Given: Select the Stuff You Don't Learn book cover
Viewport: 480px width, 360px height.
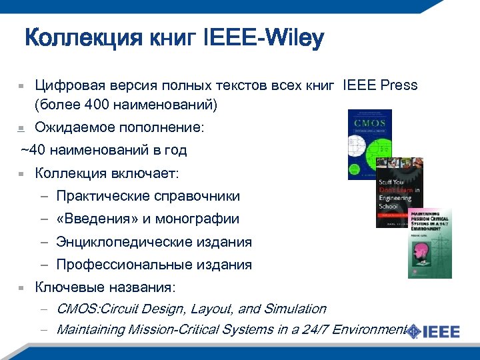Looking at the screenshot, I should pyautogui.click(x=399, y=192).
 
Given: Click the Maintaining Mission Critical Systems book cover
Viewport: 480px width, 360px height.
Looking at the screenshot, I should pyautogui.click(x=429, y=242).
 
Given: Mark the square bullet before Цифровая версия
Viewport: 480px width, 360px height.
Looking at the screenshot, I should pyautogui.click(x=21, y=86).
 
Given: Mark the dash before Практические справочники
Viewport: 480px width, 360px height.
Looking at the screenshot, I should pyautogui.click(x=43, y=197).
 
